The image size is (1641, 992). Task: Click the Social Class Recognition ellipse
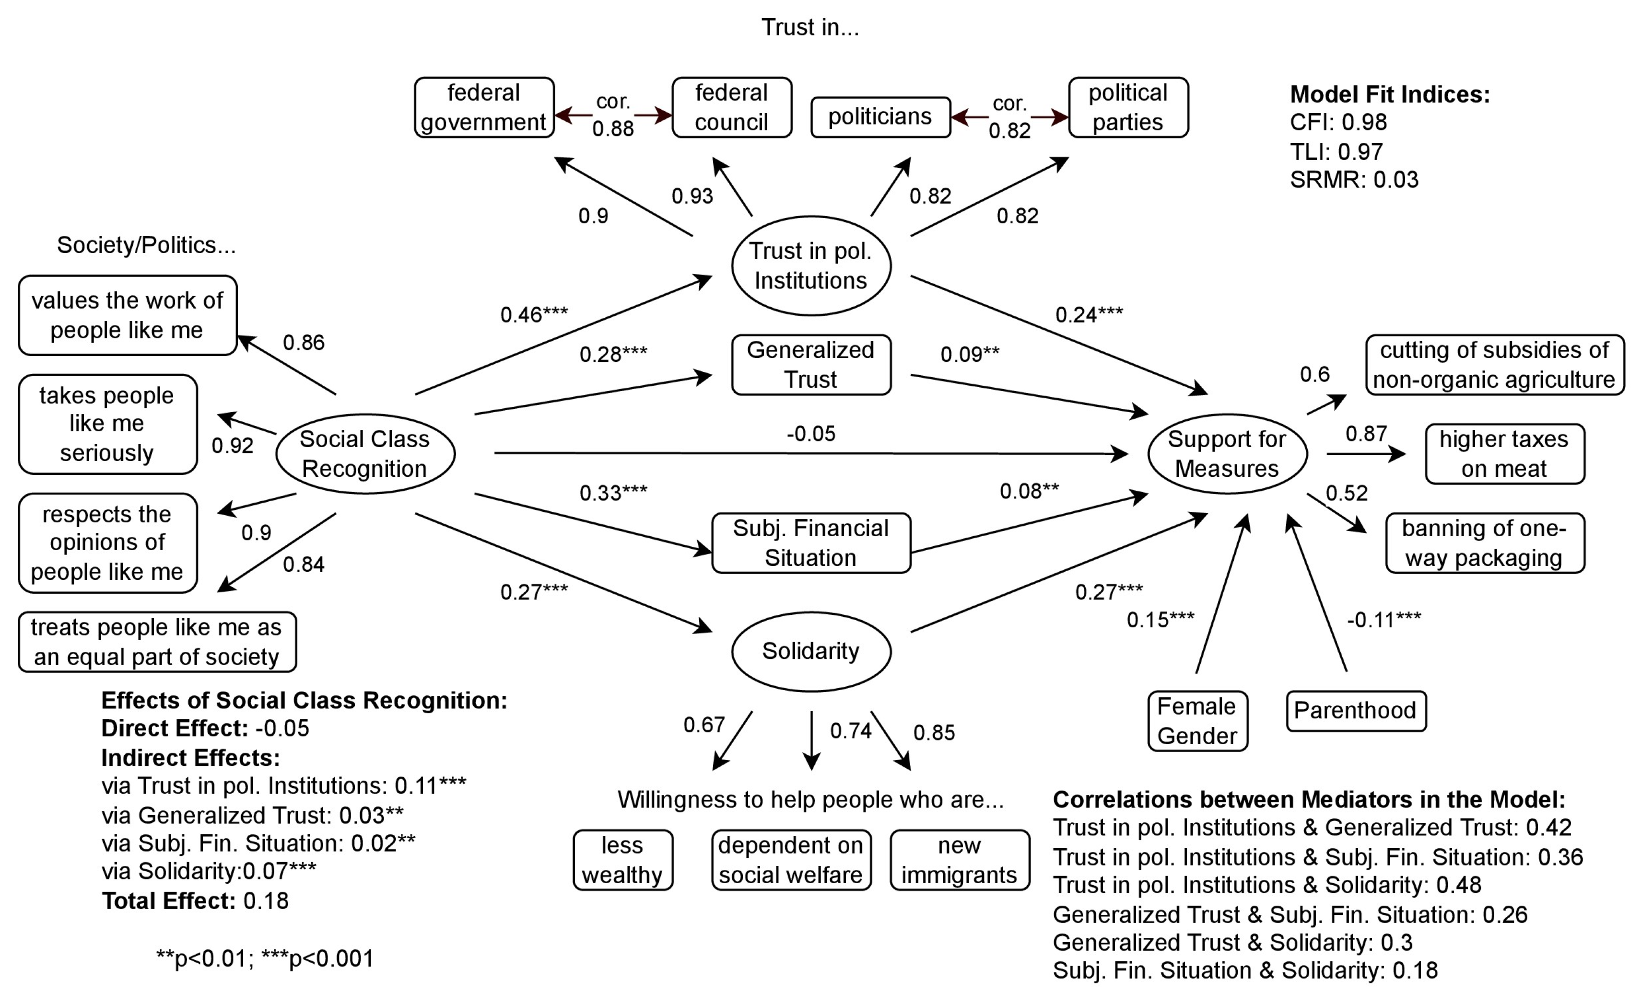(365, 453)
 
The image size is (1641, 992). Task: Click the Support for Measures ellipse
(1227, 453)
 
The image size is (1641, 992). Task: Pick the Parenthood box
(1355, 710)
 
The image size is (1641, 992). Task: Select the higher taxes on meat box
(1504, 453)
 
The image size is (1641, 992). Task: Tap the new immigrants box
(959, 860)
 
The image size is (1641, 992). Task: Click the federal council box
(731, 107)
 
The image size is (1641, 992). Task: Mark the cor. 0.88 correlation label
(613, 115)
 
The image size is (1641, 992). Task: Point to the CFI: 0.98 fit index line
(1338, 122)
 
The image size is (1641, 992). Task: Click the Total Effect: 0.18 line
(195, 901)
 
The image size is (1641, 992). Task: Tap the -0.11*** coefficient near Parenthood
(1383, 620)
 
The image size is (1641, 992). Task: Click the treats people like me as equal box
(157, 642)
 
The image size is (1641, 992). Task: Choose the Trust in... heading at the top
(810, 27)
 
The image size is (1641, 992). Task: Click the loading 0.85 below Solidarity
(934, 732)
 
